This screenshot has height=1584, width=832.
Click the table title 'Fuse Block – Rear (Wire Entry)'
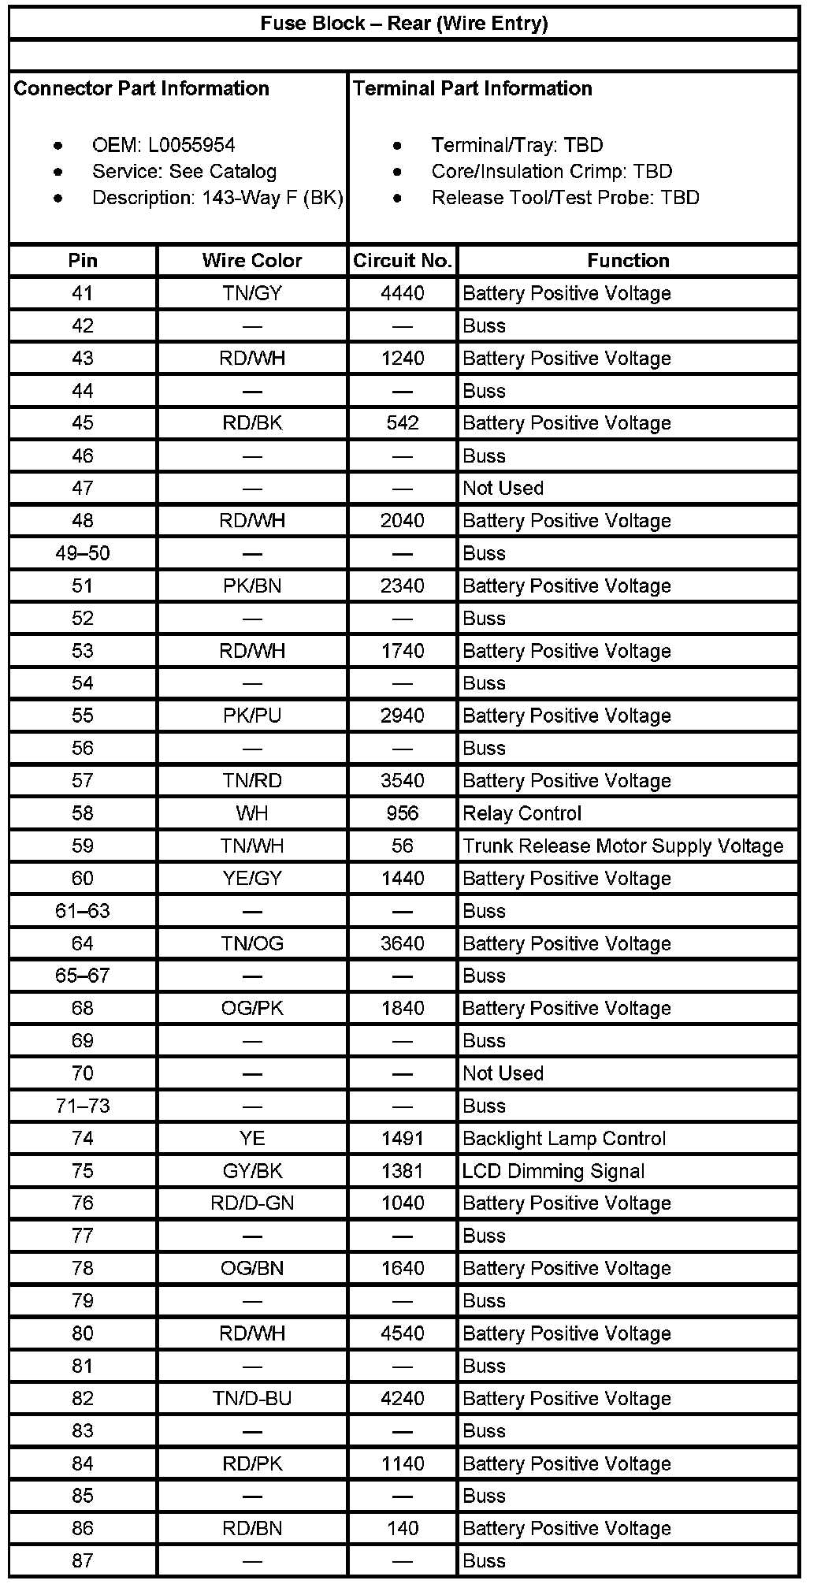click(x=404, y=24)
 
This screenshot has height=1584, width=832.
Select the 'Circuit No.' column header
click(x=403, y=261)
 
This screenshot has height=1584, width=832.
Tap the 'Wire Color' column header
click(x=252, y=261)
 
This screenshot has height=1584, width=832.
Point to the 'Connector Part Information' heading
click(x=142, y=88)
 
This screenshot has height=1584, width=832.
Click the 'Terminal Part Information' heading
click(x=473, y=88)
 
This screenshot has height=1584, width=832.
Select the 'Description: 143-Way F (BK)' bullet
click(x=217, y=198)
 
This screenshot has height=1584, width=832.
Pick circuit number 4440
click(x=403, y=294)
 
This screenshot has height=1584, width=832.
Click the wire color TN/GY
click(x=252, y=294)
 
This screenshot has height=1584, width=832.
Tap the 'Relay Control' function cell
click(x=522, y=813)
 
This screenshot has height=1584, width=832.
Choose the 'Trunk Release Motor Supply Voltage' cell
click(x=623, y=846)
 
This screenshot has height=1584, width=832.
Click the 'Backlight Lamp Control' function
click(x=564, y=1139)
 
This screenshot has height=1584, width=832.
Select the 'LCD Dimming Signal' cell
click(x=554, y=1171)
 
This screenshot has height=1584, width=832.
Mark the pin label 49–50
click(x=83, y=553)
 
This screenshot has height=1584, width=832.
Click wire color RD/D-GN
click(x=252, y=1203)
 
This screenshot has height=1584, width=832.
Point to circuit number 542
click(x=403, y=423)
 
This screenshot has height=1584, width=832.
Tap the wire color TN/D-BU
click(x=252, y=1399)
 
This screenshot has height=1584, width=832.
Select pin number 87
click(x=83, y=1560)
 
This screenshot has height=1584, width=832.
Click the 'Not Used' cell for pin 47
click(x=503, y=489)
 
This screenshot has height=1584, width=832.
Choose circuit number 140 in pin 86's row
click(x=403, y=1529)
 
